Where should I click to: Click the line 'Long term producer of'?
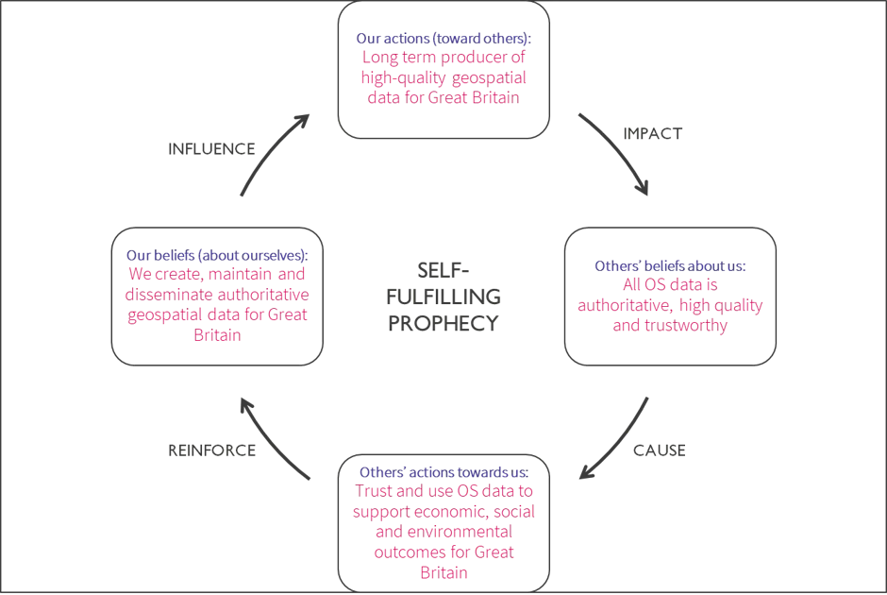(443, 59)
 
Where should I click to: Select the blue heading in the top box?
(443, 39)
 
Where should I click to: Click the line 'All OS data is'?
(671, 284)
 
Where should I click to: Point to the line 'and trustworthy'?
(671, 327)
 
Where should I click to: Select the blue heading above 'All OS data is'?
(670, 266)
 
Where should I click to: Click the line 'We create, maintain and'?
(218, 275)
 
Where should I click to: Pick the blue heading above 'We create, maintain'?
(218, 256)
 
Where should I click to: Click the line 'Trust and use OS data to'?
(443, 491)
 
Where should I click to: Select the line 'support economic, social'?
(443, 511)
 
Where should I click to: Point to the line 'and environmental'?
(443, 532)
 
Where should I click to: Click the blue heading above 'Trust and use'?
(443, 471)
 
